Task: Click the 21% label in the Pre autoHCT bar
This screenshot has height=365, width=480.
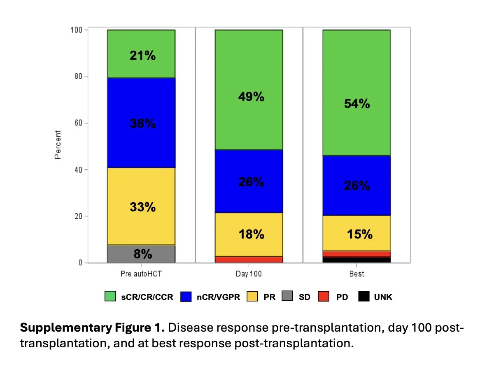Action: click(x=142, y=55)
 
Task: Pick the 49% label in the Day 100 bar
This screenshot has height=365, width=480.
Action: click(x=251, y=97)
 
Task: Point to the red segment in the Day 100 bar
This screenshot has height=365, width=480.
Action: click(x=249, y=260)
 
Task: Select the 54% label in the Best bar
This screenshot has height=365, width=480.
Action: click(x=357, y=103)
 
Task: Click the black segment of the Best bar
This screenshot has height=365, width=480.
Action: click(x=357, y=260)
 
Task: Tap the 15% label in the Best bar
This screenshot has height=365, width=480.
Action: click(x=359, y=234)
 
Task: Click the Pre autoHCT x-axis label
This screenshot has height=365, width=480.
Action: click(x=141, y=274)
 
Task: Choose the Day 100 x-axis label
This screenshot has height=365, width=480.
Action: click(x=249, y=274)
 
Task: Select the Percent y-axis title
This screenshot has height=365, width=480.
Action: click(x=58, y=145)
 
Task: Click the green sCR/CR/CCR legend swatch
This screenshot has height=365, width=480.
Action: click(x=110, y=297)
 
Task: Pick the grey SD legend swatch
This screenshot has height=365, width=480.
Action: click(x=287, y=297)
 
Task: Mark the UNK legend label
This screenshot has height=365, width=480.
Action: click(x=383, y=297)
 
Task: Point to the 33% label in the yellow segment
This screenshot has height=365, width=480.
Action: click(x=142, y=207)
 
